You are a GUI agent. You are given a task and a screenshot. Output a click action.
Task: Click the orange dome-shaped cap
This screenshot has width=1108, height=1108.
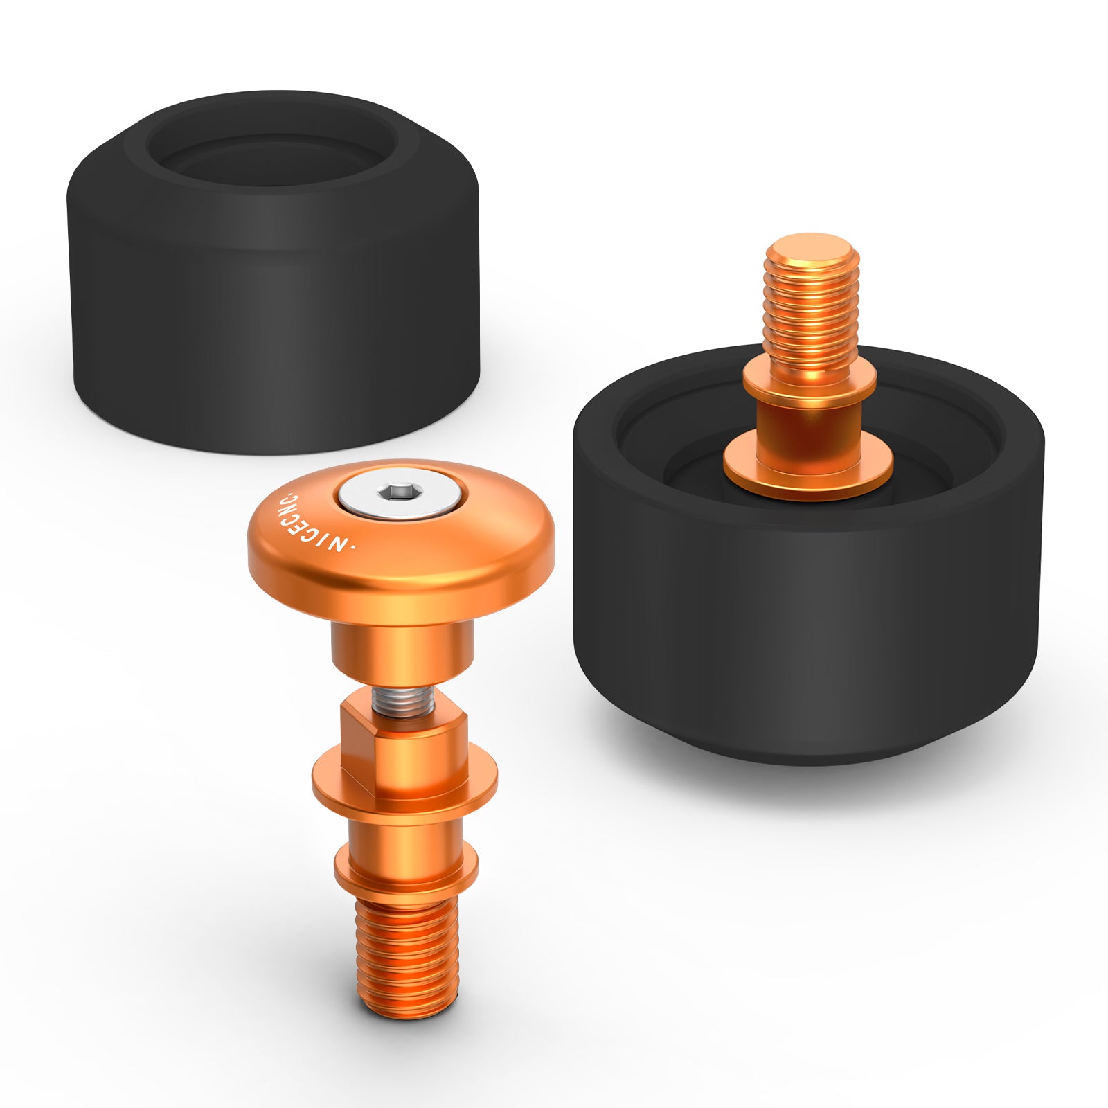pyautogui.click(x=401, y=540)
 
